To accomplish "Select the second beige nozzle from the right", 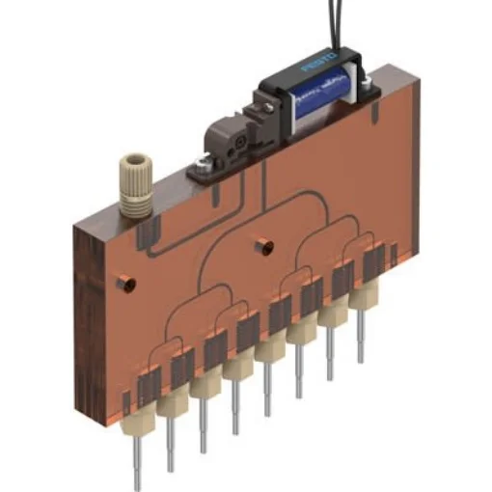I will (334, 313).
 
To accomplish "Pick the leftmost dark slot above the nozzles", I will (149, 388).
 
